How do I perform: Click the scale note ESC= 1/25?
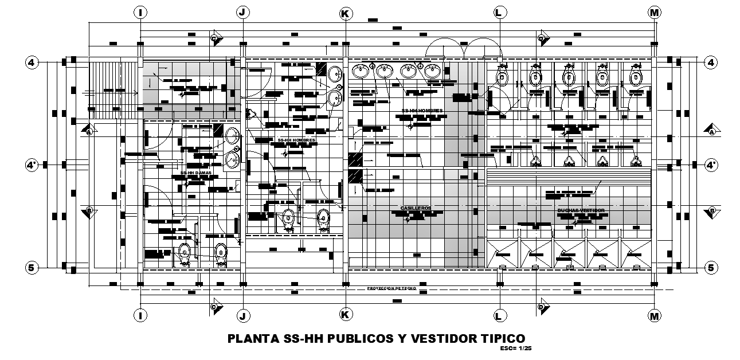[x=512, y=348]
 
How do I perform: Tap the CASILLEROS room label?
[x=416, y=208]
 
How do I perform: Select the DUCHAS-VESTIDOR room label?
[x=581, y=210]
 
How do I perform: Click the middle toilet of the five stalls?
[x=569, y=77]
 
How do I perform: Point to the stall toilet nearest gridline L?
[x=503, y=77]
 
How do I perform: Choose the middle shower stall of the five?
[x=569, y=253]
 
